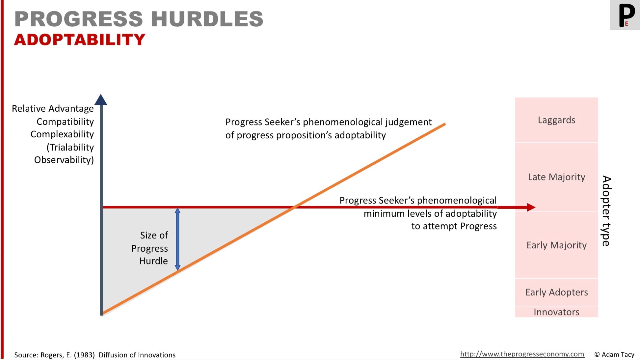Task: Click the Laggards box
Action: pyautogui.click(x=556, y=120)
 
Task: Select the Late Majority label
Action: pyautogui.click(x=556, y=177)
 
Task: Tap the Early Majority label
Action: pyautogui.click(x=556, y=245)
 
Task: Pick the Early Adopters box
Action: pyautogui.click(x=556, y=292)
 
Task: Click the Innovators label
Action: pyautogui.click(x=556, y=312)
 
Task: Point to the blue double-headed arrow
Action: pyautogui.click(x=177, y=239)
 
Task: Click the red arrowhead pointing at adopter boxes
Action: pyautogui.click(x=531, y=207)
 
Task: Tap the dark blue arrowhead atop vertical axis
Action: pyautogui.click(x=101, y=99)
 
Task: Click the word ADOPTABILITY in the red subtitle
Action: pyautogui.click(x=80, y=40)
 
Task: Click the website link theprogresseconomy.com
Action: pyautogui.click(x=522, y=354)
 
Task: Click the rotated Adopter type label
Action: pyautogui.click(x=606, y=211)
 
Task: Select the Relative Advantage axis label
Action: pyautogui.click(x=53, y=108)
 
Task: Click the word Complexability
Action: pyautogui.click(x=62, y=134)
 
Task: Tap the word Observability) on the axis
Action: pyautogui.click(x=64, y=160)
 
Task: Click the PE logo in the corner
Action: pyautogui.click(x=625, y=15)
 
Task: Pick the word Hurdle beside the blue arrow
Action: pyautogui.click(x=153, y=261)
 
